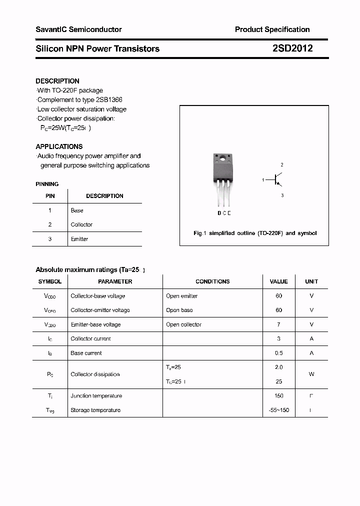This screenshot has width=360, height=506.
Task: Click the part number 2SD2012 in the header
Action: (x=292, y=48)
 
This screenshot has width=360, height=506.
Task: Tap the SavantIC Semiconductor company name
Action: (x=78, y=29)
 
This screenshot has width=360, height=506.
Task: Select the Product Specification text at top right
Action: (x=272, y=29)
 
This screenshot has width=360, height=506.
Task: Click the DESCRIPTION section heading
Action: (x=57, y=81)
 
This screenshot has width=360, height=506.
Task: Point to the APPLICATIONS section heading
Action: (x=59, y=146)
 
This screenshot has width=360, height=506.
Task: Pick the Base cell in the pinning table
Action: (x=77, y=210)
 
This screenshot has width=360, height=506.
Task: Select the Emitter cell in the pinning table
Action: (x=79, y=239)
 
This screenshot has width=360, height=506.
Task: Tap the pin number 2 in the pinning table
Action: (x=50, y=224)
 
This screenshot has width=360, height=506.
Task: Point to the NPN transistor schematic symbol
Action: (x=276, y=179)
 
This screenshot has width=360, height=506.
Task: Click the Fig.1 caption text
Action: (x=255, y=233)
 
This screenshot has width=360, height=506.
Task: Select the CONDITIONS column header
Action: (x=212, y=281)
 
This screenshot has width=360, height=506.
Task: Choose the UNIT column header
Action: (x=311, y=281)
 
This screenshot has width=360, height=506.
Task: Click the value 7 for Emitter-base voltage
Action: (x=279, y=324)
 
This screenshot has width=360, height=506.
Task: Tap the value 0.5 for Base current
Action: (x=279, y=353)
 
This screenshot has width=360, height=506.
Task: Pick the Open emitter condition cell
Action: (x=182, y=296)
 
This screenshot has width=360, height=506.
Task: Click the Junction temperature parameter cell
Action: (x=96, y=396)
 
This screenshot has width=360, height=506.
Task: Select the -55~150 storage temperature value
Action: (x=279, y=410)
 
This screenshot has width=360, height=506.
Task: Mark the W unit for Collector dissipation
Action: (x=311, y=374)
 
